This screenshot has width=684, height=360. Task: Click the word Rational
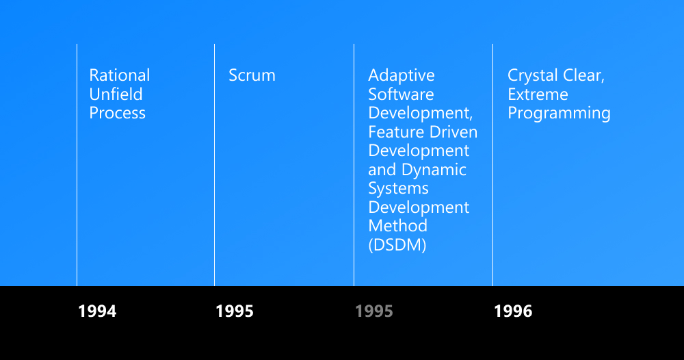tap(120, 75)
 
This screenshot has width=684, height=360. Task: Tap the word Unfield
tap(116, 94)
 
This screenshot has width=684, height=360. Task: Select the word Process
tap(118, 113)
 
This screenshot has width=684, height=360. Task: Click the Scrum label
tap(252, 75)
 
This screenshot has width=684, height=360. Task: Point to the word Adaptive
tap(402, 76)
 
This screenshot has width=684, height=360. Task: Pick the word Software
tap(401, 94)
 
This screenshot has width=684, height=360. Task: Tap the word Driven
tap(450, 132)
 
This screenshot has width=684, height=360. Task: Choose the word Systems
tap(398, 189)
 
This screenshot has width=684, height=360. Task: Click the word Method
tap(398, 226)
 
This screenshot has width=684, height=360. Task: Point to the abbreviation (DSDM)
tap(397, 245)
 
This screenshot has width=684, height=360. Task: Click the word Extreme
tap(538, 94)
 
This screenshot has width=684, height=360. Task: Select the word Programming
tap(560, 114)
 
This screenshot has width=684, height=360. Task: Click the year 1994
tap(97, 311)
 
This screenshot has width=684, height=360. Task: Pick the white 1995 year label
tap(235, 311)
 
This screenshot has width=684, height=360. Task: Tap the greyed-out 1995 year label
tap(374, 311)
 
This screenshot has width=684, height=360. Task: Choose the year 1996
tap(513, 311)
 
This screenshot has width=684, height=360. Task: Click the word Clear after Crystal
tap(583, 75)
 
